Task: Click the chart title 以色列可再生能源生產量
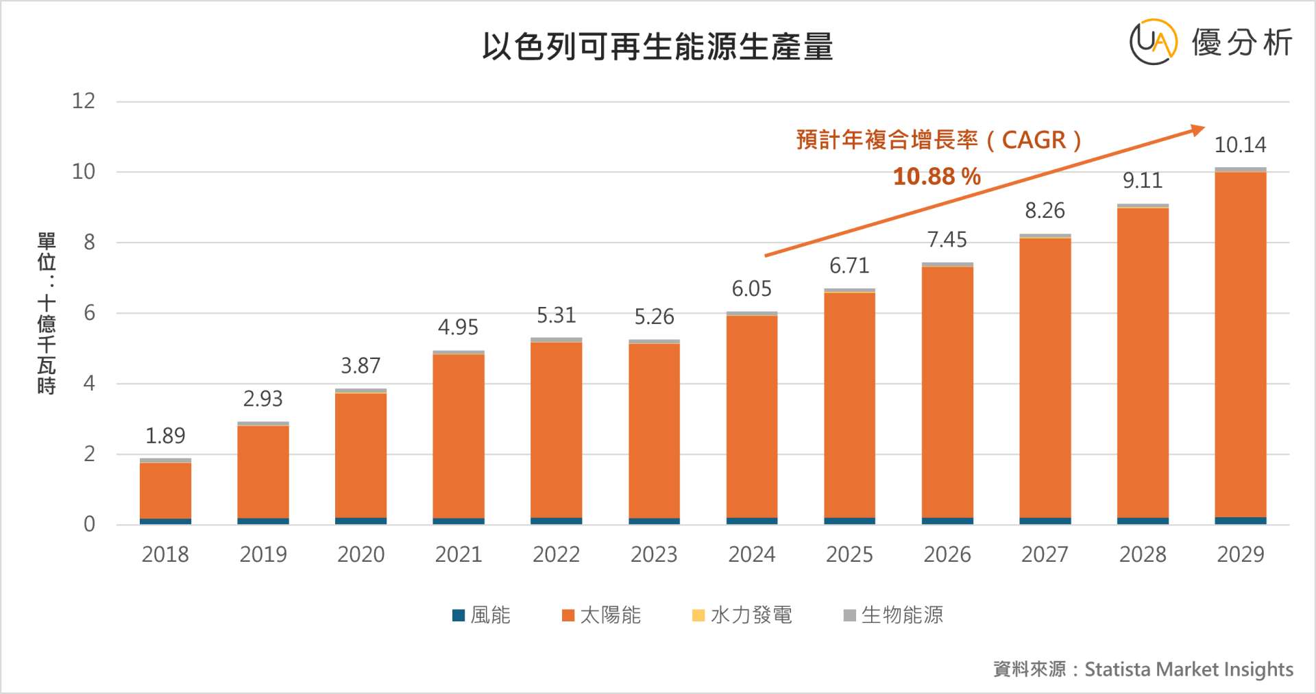pos(657,47)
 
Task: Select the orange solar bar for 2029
pos(1241,343)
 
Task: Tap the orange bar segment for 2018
pos(165,490)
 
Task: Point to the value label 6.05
pos(751,289)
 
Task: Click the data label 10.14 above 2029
pos(1240,145)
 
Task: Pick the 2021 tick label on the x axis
pos(459,554)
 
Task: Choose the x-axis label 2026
pos(947,554)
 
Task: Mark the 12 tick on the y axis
pos(84,101)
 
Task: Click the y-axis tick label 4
pos(89,384)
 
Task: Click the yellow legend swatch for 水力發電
pos(698,615)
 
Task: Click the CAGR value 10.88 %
pos(937,177)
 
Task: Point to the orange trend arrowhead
pos(1197,129)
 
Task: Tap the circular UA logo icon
pos(1154,42)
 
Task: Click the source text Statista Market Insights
pos(1189,669)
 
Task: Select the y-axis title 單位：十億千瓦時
pos(47,313)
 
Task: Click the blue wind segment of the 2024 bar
pos(752,521)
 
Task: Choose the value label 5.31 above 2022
pos(556,316)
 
